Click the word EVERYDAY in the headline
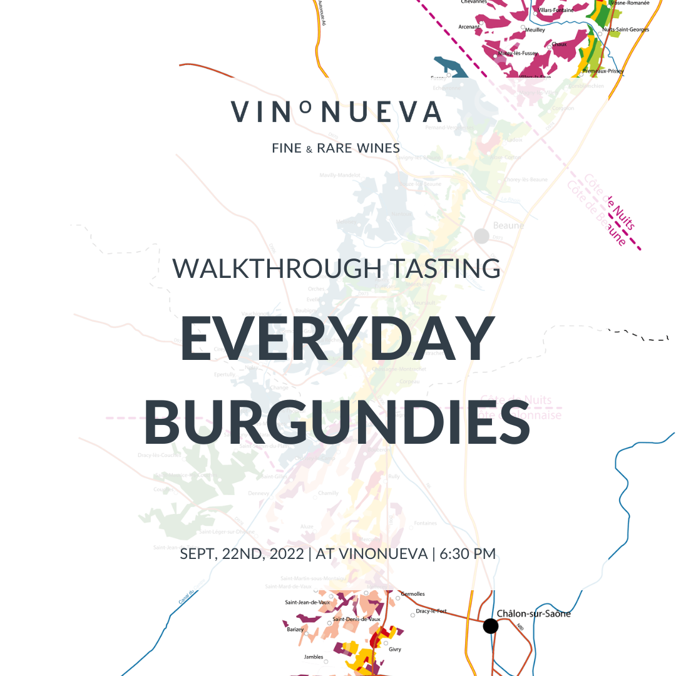click(337, 339)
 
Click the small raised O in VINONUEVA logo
click(305, 107)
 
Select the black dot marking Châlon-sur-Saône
click(491, 626)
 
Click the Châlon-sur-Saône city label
click(533, 614)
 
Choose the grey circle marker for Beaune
click(481, 236)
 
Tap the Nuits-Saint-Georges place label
click(625, 29)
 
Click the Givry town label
click(395, 650)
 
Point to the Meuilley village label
click(535, 29)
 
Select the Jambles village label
click(313, 657)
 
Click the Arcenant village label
click(469, 27)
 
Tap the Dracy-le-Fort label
click(431, 612)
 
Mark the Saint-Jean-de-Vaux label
click(307, 603)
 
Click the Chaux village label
click(559, 44)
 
